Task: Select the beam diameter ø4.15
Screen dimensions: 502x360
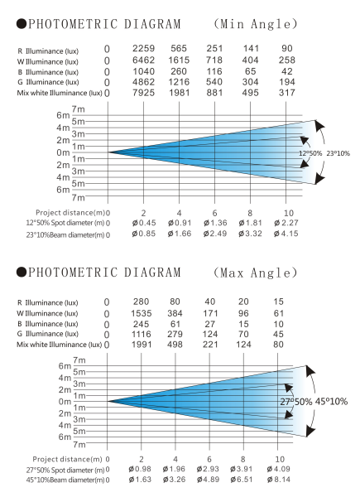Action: pyautogui.click(x=286, y=235)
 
